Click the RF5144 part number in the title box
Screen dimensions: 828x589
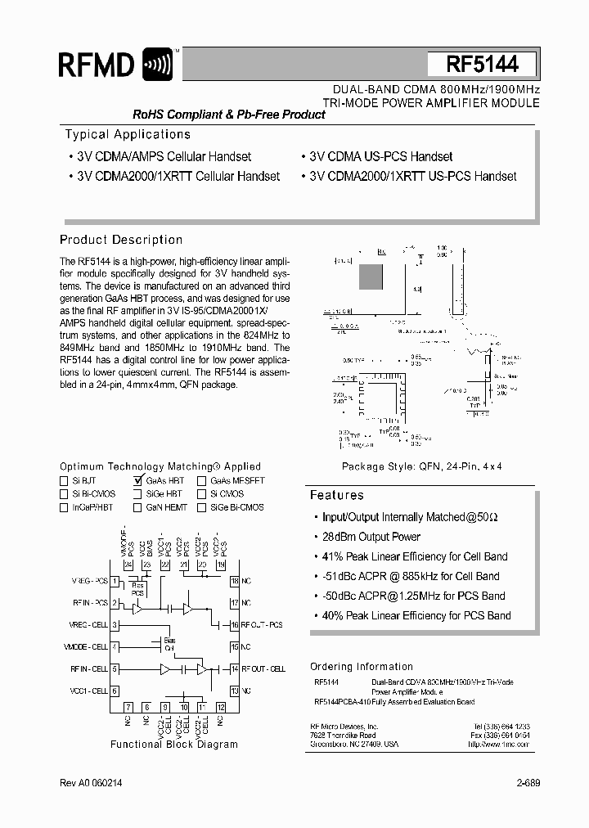click(x=482, y=65)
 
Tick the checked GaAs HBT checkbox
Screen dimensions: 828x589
click(x=137, y=481)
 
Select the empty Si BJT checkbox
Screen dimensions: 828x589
click(x=64, y=481)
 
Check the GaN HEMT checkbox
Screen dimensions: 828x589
click(x=137, y=507)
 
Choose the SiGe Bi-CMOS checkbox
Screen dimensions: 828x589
click(x=201, y=507)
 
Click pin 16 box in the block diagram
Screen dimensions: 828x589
click(x=234, y=624)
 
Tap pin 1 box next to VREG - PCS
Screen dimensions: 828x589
click(x=115, y=581)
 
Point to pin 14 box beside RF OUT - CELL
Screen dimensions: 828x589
click(x=234, y=668)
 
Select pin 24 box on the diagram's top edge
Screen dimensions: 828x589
click(x=128, y=565)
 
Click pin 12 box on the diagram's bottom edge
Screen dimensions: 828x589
click(x=221, y=706)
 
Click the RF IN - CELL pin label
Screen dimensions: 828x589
click(x=89, y=668)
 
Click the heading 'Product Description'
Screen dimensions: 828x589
click(x=121, y=240)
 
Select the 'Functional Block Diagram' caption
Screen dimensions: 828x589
click(x=174, y=745)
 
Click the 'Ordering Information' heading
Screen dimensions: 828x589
click(x=362, y=666)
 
